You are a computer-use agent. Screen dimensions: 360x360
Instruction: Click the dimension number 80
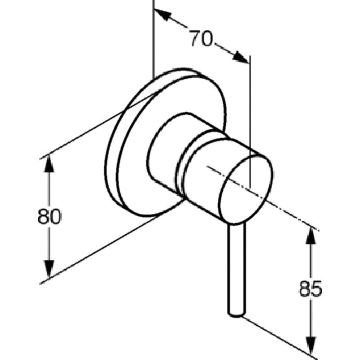click(49, 216)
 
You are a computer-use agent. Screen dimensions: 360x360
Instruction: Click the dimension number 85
click(310, 288)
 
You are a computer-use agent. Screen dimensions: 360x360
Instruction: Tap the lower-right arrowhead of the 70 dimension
click(241, 57)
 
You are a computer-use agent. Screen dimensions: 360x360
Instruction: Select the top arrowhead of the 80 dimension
click(49, 164)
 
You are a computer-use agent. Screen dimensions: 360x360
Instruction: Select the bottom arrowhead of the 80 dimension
click(49, 270)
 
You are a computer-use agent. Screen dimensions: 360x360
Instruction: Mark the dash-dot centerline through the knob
click(262, 198)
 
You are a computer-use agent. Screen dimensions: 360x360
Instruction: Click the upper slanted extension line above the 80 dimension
click(99, 125)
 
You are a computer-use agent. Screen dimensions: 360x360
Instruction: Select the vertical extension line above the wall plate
click(153, 40)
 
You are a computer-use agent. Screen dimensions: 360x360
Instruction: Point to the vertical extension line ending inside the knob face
click(250, 122)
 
